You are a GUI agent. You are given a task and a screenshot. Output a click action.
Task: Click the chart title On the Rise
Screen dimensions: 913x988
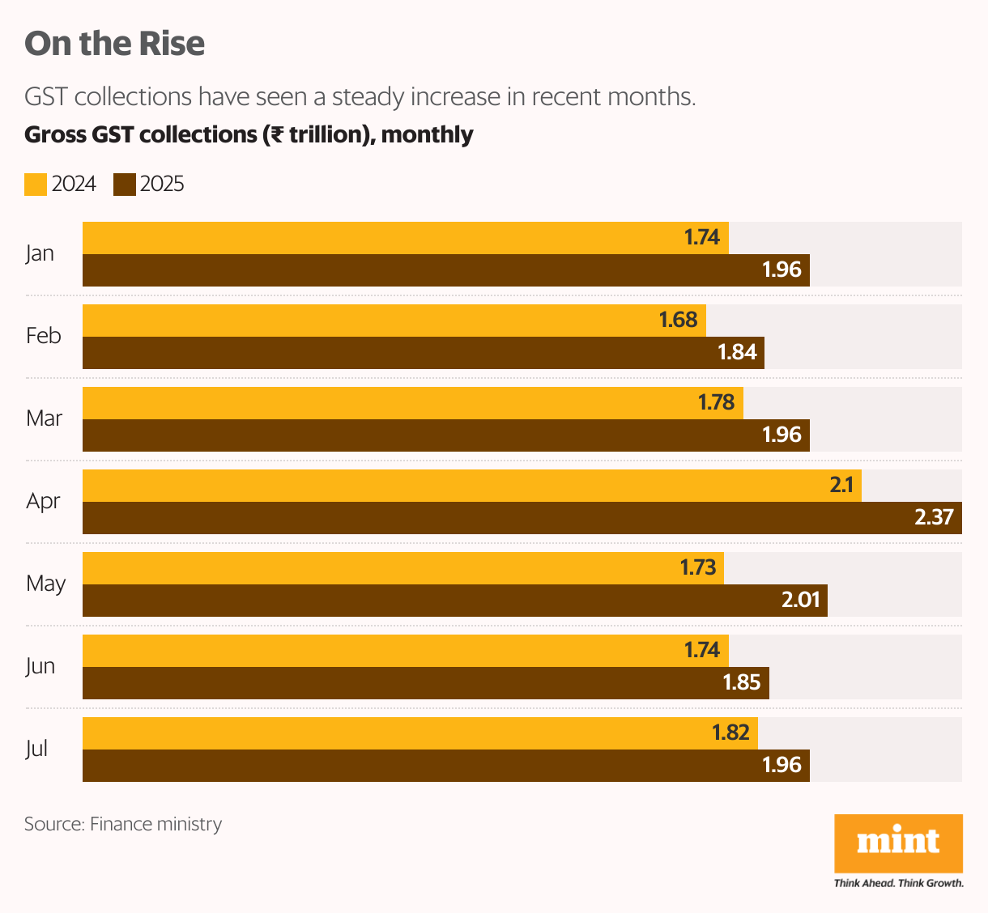(114, 44)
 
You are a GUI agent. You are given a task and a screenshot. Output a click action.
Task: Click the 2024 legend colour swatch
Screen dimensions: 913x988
(36, 185)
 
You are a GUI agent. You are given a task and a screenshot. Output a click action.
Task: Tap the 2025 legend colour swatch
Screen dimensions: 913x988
(125, 185)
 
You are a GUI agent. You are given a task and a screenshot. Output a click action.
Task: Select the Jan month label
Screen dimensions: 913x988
(40, 253)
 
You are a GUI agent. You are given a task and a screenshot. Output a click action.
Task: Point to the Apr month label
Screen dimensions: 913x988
(43, 501)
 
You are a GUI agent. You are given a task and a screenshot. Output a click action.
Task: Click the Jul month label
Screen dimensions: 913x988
(36, 749)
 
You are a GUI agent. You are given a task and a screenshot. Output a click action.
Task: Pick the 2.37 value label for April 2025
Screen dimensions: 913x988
(934, 517)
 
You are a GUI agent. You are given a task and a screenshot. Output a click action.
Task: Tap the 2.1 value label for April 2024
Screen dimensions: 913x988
(841, 485)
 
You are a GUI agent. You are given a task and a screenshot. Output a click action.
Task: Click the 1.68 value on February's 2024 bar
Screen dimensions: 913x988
(678, 320)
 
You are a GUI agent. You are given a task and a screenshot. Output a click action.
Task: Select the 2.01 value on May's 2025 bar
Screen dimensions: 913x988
(800, 600)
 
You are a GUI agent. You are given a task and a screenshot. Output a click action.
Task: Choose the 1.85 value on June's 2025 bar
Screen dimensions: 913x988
(741, 682)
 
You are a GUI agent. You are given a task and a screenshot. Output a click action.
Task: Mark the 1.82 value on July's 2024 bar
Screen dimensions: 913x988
(730, 733)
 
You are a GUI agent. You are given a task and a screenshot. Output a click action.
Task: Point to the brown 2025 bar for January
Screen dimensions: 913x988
(405, 270)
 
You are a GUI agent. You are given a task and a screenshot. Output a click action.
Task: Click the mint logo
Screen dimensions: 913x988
(898, 843)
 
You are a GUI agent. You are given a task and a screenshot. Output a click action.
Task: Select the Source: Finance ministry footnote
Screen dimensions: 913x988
(123, 824)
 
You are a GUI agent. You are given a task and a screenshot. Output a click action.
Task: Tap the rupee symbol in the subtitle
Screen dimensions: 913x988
(276, 134)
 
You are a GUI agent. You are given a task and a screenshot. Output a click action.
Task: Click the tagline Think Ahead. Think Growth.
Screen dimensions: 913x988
(898, 883)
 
